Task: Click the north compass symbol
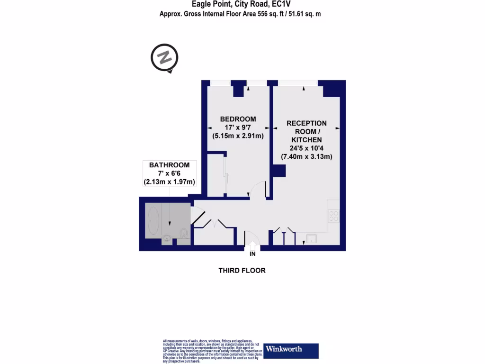tap(164, 58)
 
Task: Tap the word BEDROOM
tap(238, 119)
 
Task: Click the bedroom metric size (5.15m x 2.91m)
tap(238, 136)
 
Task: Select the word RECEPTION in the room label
tap(306, 123)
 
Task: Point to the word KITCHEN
tap(306, 140)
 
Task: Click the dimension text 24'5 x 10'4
tap(306, 148)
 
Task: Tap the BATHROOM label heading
tap(169, 165)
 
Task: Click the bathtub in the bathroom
tap(153, 221)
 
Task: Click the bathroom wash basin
tap(167, 239)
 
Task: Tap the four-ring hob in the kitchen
tap(334, 216)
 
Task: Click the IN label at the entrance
tap(252, 255)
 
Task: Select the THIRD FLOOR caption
tap(242, 271)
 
